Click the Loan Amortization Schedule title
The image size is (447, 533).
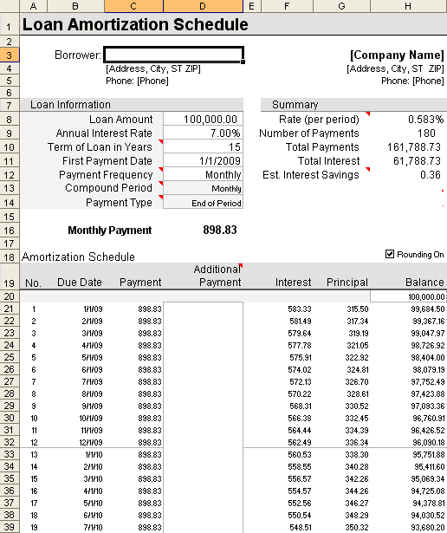coord(135,25)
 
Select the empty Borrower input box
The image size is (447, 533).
coord(173,55)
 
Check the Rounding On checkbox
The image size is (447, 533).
coord(391,254)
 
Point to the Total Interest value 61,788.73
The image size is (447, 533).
coord(414,161)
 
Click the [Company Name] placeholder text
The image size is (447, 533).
coord(397,55)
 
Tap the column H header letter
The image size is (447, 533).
coord(408,7)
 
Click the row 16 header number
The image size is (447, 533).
coord(9,231)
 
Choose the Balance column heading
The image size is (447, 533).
coord(424,283)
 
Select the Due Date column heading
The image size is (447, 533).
coord(80,283)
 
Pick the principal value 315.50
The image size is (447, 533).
coord(357,309)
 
